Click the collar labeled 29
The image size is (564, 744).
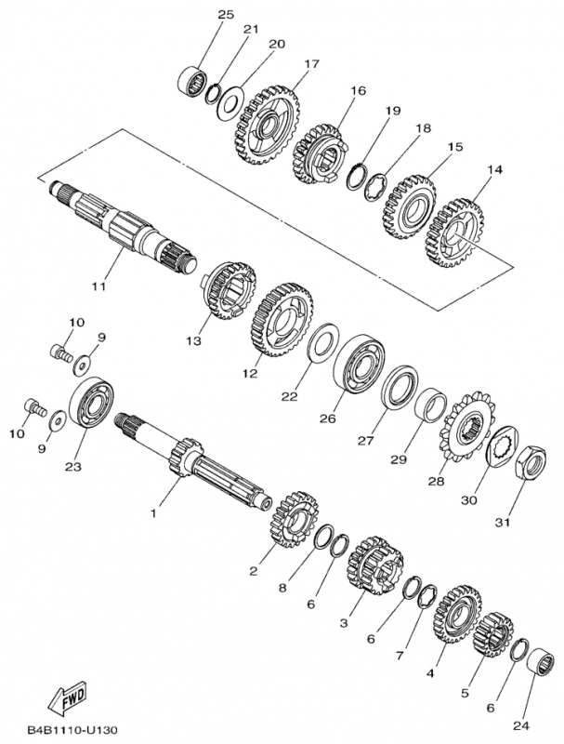pyautogui.click(x=428, y=407)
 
